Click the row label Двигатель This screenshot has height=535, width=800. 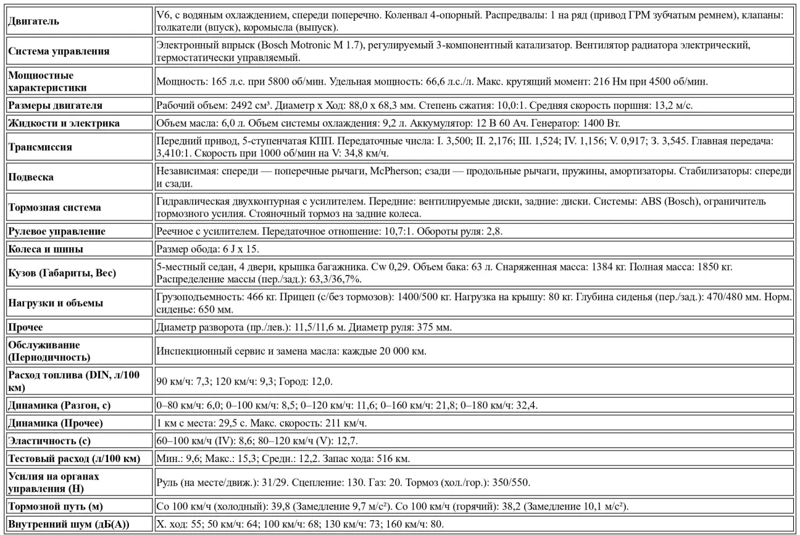click(x=34, y=22)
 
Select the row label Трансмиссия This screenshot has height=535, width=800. click(x=40, y=148)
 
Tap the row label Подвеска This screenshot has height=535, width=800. click(x=31, y=177)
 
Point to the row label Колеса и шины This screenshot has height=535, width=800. click(x=46, y=250)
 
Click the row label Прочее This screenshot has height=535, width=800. click(x=26, y=326)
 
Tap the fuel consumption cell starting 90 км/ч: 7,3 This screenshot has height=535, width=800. click(x=244, y=381)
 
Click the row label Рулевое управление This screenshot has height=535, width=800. click(x=57, y=232)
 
